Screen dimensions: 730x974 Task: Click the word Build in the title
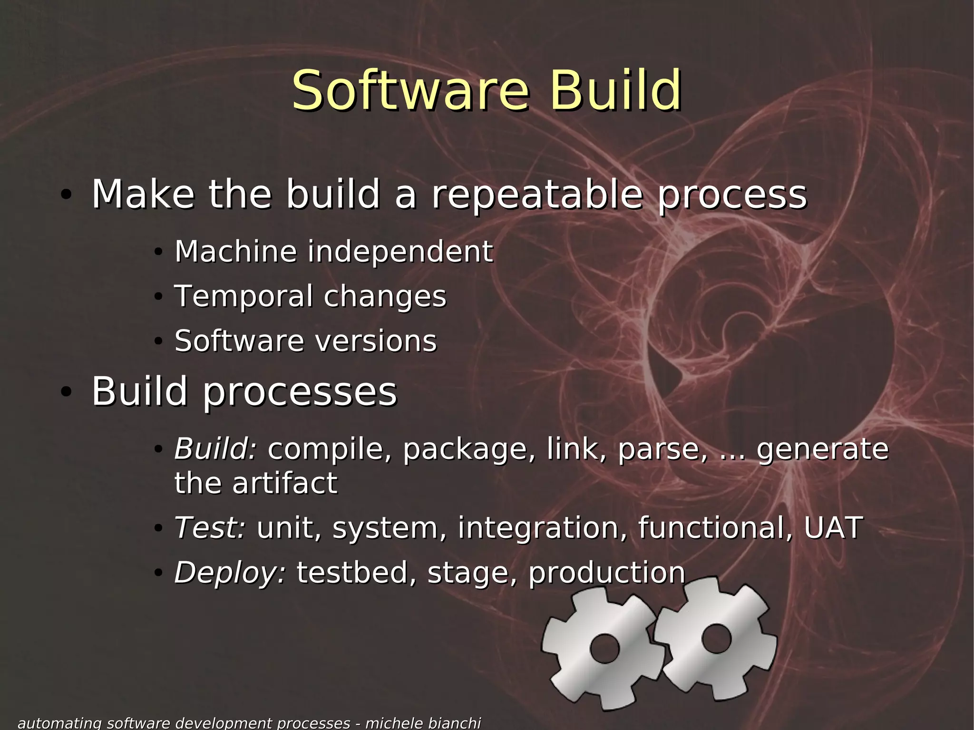point(615,90)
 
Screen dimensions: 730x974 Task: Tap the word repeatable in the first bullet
point(537,195)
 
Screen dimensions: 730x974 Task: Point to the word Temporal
point(242,296)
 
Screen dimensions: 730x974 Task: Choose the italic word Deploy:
point(230,572)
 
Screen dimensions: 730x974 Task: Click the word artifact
point(285,483)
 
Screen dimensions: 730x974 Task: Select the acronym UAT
point(833,527)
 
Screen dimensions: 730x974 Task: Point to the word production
point(607,572)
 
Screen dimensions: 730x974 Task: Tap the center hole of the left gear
point(604,648)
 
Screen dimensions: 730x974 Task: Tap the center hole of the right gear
point(716,639)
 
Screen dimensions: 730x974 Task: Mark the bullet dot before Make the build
point(66,195)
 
